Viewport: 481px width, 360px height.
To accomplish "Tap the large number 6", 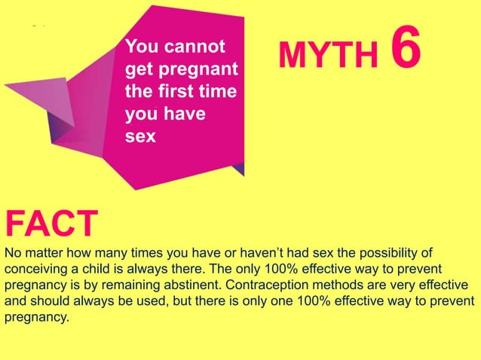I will pos(405,49).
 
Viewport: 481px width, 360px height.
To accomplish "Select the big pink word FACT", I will pos(51,223).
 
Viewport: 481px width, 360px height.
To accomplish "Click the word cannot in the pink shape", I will pos(198,47).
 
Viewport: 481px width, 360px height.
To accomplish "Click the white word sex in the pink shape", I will pos(140,138).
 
